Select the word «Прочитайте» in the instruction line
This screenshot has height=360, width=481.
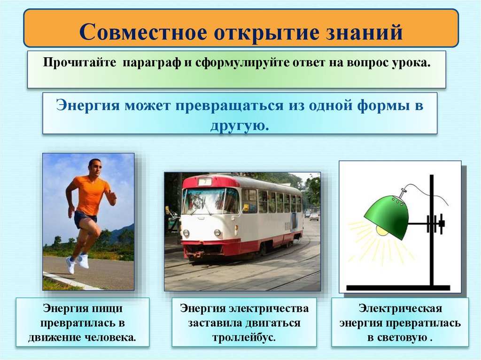pyautogui.click(x=80, y=63)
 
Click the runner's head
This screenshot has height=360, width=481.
pyautogui.click(x=94, y=167)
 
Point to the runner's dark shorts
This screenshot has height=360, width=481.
pyautogui.click(x=85, y=219)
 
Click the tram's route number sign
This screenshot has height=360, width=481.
pyautogui.click(x=204, y=182)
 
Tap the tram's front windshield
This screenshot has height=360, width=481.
pyautogui.click(x=210, y=201)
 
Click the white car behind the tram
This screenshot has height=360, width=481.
pyautogui.click(x=314, y=216)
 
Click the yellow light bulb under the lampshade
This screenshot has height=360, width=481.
pyautogui.click(x=382, y=230)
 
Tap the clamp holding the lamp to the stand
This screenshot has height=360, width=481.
pyautogui.click(x=435, y=224)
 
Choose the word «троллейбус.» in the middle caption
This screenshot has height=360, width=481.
pyautogui.click(x=243, y=337)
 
